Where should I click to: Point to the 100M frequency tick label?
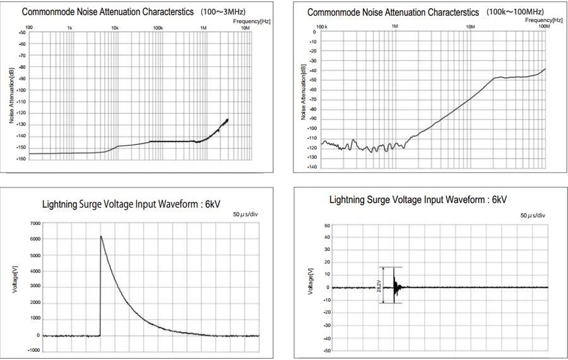coord(545,27)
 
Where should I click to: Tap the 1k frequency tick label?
coord(70,28)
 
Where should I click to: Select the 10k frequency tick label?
coord(115,28)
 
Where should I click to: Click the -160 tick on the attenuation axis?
coord(22,159)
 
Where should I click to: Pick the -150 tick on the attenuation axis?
coord(22,148)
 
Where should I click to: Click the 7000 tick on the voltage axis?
coord(35,224)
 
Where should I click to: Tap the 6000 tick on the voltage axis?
coord(35,239)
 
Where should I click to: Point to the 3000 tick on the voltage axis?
coord(35,287)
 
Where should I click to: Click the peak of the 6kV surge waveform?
coord(100,236)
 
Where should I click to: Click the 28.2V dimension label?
coord(379,284)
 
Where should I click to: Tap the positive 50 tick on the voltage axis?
coord(327,225)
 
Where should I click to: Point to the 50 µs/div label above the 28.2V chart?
coord(533,215)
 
